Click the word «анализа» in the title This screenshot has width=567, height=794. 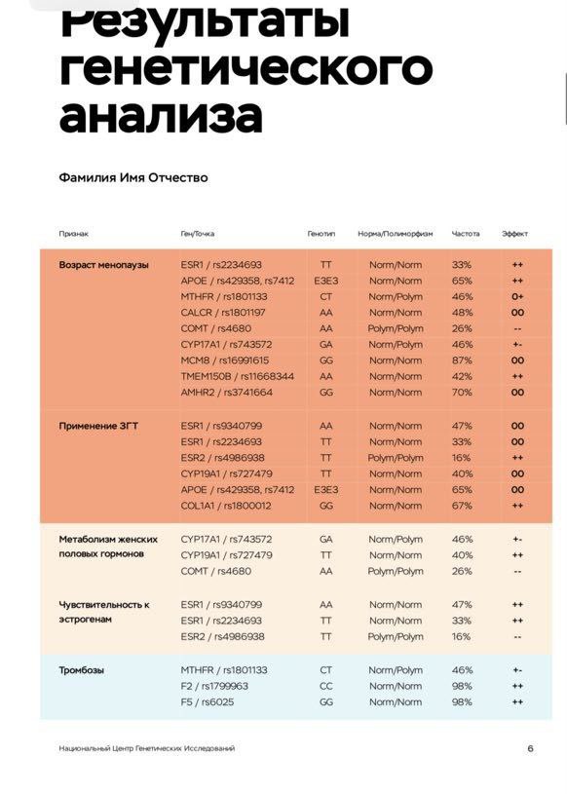161,114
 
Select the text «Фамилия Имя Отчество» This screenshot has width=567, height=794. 133,178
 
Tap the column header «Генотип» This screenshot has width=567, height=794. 321,234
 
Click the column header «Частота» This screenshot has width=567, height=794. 466,234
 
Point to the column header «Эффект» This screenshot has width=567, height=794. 515,234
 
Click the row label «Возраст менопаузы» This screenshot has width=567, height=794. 104,265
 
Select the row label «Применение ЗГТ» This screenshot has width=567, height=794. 98,426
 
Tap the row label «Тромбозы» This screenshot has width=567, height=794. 82,670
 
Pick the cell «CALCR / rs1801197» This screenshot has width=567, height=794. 223,313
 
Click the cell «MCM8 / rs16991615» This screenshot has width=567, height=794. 225,360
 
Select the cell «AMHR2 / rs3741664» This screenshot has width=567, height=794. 227,393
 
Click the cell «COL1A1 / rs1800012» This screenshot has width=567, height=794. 226,506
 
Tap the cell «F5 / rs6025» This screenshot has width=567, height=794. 208,701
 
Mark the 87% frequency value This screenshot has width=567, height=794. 462,360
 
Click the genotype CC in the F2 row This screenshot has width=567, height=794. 325,686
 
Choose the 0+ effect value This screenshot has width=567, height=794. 517,297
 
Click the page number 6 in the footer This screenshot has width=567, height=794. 530,748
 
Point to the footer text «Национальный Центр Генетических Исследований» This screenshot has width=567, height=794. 146,748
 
